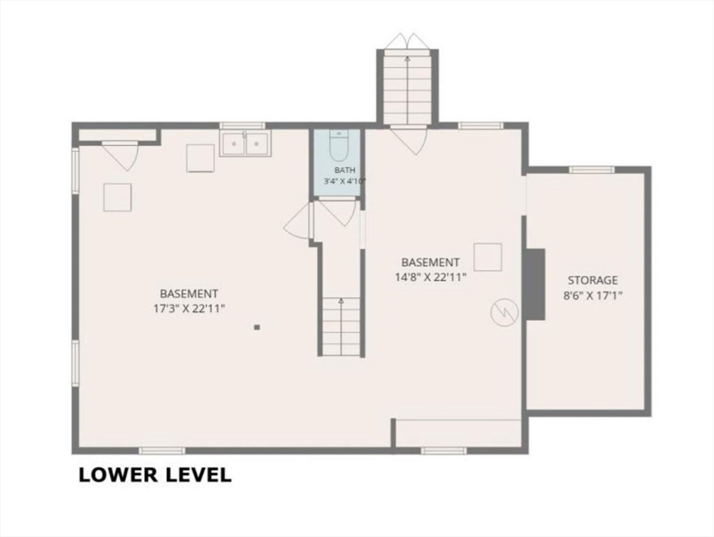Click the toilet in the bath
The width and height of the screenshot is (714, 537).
338,145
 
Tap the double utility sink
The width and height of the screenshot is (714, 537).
245,143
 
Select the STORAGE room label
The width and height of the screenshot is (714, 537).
592,280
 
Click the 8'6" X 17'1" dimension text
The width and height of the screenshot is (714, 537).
592,296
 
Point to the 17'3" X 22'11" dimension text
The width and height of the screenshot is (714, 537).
189,308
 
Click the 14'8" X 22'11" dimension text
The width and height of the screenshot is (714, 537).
431,277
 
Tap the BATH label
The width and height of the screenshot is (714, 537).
344,171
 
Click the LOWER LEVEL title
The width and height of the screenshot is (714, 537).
155,475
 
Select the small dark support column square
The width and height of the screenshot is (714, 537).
257,327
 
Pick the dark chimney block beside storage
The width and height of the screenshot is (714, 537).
535,284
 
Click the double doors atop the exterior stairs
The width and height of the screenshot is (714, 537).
407,41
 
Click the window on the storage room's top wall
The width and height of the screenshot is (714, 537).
592,170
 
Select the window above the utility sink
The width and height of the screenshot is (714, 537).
242,126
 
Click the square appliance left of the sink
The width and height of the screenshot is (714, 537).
201,159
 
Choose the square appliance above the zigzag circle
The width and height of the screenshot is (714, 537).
488,257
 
